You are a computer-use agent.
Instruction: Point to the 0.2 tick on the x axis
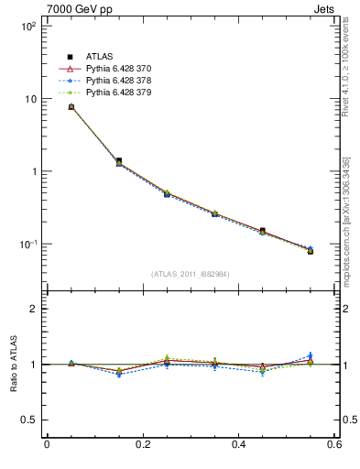(x=143, y=445)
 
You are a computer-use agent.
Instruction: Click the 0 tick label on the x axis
(x=47, y=445)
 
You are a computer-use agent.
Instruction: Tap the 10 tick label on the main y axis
(x=28, y=99)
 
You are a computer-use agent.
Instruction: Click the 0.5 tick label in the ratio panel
(x=27, y=420)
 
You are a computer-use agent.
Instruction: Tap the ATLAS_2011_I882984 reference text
(x=191, y=274)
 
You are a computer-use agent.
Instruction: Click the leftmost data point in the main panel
(x=71, y=107)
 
